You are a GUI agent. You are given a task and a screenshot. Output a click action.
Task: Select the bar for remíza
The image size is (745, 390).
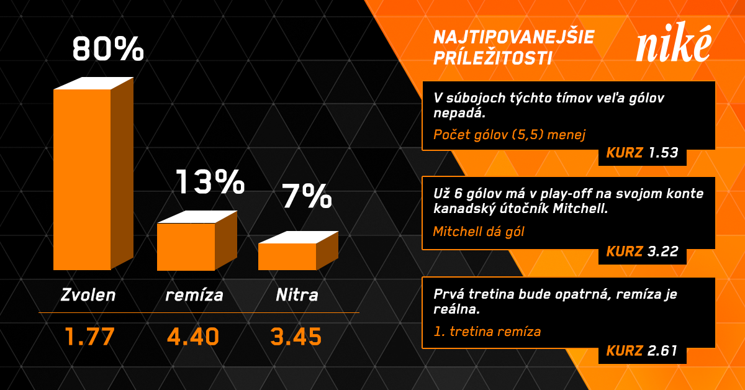(186, 246)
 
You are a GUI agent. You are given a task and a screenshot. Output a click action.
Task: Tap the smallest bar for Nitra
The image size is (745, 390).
(287, 256)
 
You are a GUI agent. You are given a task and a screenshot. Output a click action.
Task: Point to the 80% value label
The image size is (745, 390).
(108, 50)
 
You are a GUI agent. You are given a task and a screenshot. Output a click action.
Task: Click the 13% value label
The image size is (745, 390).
(210, 182)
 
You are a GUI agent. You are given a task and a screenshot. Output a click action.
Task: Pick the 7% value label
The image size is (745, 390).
(307, 196)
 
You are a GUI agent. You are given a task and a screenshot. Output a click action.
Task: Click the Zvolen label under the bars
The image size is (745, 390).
(88, 294)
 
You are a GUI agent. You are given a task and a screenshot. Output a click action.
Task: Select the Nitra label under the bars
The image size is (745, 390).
(297, 294)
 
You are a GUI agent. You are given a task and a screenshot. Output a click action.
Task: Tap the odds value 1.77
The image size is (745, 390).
(90, 337)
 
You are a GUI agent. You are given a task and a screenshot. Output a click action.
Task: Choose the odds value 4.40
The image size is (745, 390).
(193, 337)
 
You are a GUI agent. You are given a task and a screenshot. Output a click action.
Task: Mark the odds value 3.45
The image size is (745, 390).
(296, 337)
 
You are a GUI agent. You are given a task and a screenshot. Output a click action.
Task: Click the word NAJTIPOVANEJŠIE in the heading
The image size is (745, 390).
(513, 37)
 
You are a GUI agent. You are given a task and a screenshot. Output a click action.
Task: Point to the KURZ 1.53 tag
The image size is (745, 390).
(642, 153)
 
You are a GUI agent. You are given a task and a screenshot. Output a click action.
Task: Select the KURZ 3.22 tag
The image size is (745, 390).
(642, 252)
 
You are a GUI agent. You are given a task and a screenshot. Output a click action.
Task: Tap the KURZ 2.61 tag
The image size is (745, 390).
(642, 351)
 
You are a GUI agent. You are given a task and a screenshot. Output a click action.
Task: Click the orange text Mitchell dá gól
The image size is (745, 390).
(479, 232)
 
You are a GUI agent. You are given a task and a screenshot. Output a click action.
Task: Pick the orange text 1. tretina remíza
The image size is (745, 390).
(487, 332)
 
